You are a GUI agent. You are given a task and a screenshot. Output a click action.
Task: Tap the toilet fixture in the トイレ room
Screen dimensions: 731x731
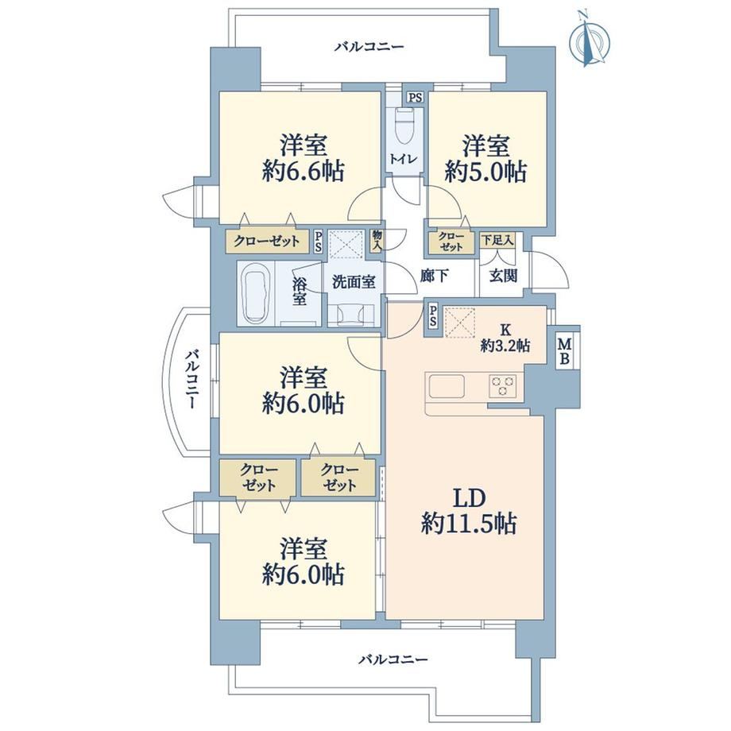(404, 125)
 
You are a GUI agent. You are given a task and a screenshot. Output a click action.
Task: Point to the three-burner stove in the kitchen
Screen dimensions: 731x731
(502, 385)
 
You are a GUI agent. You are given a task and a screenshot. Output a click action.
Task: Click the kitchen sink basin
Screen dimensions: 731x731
(447, 386)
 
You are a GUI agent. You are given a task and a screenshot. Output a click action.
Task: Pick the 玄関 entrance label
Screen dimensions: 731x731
(504, 276)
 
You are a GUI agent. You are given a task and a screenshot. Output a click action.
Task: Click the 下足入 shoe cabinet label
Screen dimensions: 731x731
(497, 240)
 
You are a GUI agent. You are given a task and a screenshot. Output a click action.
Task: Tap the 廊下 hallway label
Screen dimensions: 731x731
(434, 276)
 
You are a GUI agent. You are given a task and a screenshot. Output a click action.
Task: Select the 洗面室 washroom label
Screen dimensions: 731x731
(354, 281)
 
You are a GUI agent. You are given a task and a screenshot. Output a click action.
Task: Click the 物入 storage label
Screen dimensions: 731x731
(377, 241)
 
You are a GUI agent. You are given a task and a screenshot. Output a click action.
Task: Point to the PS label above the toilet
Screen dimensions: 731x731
(416, 98)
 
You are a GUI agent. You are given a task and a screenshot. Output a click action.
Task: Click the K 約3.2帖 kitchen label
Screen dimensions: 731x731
(505, 338)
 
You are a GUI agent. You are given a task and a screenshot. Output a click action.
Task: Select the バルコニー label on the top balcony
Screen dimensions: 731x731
(369, 47)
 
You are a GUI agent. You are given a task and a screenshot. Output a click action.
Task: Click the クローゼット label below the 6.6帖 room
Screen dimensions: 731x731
(267, 241)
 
